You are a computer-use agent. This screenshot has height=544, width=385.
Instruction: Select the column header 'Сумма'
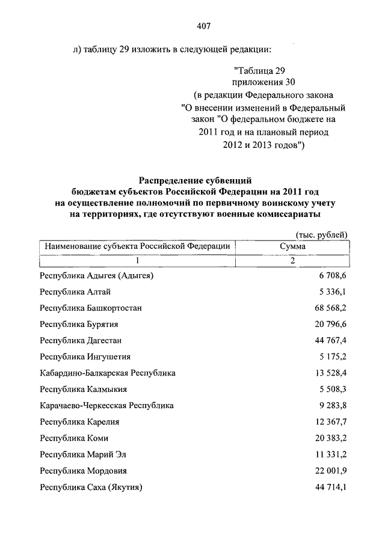point(292,246)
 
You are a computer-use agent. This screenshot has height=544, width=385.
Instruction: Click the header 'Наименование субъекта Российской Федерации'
point(135,246)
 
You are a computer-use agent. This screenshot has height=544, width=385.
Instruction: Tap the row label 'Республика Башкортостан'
point(91,308)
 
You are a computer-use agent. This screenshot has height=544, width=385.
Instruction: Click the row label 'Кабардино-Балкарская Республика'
point(108,373)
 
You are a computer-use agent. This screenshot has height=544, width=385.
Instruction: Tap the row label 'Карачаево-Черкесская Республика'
point(106,405)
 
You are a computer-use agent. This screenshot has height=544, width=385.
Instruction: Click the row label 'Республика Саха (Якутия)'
point(91,487)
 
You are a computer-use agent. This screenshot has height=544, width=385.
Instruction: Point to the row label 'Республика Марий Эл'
point(82,454)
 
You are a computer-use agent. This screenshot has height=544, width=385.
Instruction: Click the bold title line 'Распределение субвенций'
point(194,180)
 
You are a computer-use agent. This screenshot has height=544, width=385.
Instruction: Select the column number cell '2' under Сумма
point(292,260)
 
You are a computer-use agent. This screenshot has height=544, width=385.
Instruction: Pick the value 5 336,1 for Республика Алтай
point(331,292)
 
